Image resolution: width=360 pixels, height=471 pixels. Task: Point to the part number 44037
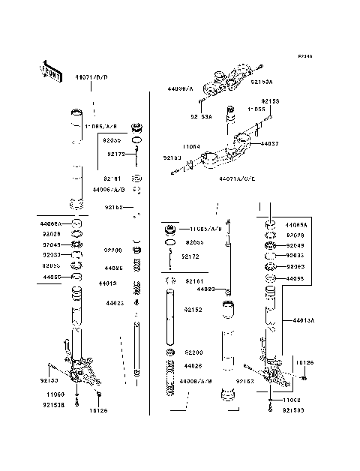click(270, 142)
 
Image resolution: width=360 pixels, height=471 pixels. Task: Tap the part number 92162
click(113, 207)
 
